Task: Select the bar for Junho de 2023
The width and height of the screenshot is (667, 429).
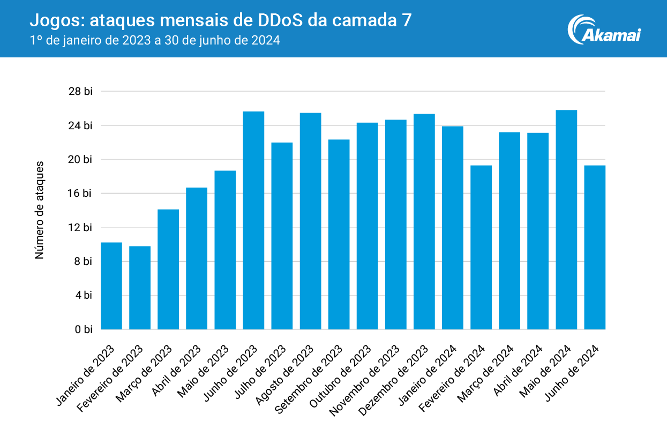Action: click(x=253, y=220)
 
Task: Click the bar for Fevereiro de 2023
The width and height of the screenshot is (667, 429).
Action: click(x=140, y=287)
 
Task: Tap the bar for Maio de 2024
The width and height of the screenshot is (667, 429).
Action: click(x=566, y=219)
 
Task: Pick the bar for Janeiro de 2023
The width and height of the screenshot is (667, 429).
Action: click(x=111, y=285)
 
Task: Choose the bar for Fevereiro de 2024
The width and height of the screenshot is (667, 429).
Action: click(x=481, y=247)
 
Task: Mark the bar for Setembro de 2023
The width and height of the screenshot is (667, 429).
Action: click(x=339, y=234)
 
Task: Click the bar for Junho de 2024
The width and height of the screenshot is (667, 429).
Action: click(x=595, y=247)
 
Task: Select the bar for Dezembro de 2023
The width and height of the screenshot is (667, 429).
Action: click(x=424, y=221)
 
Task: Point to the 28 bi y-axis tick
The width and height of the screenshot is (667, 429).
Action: click(x=80, y=92)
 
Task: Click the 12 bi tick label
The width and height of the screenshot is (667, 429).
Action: click(x=80, y=227)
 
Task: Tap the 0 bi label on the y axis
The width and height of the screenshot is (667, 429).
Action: click(x=83, y=329)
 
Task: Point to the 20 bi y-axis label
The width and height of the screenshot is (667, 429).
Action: click(x=80, y=159)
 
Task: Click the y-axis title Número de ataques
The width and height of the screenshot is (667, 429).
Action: click(x=39, y=210)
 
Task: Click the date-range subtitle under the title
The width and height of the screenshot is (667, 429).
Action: click(x=155, y=40)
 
